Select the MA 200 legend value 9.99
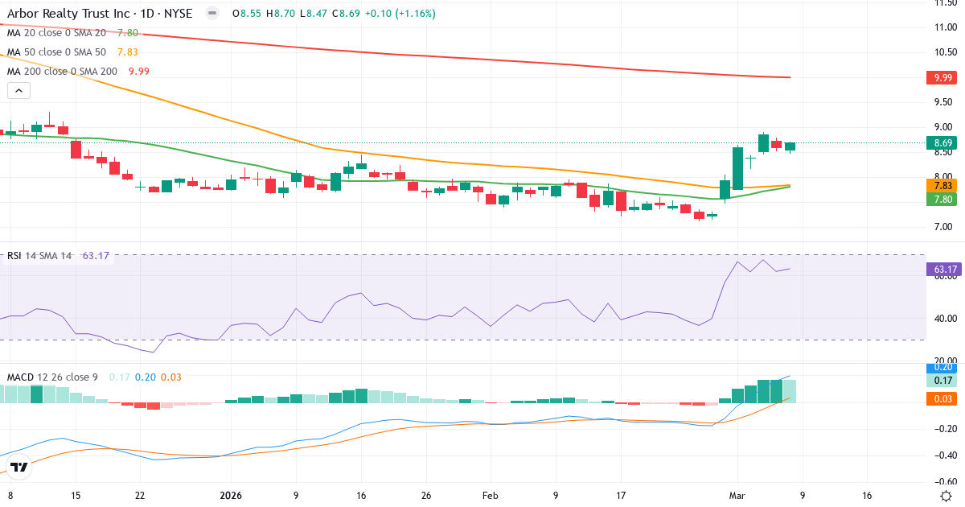139,71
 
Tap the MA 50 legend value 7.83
129,52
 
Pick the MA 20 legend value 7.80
128,33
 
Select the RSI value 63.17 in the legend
96,256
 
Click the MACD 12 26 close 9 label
52,377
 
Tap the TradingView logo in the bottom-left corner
19,467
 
